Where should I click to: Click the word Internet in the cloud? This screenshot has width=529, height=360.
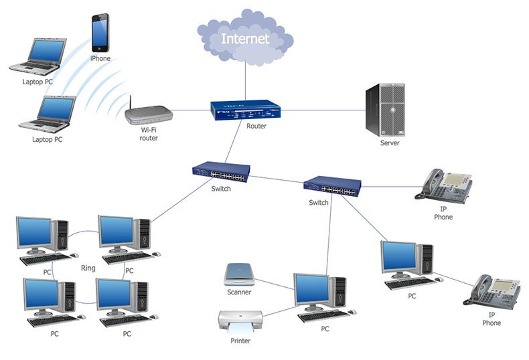coord(245,38)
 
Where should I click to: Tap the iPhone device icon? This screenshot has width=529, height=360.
coord(100,33)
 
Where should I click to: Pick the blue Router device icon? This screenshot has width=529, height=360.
coord(245,110)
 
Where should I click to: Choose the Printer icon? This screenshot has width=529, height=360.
coord(240,322)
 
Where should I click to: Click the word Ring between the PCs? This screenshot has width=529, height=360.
coord(88,268)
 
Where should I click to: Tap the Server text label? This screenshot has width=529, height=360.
coord(390,143)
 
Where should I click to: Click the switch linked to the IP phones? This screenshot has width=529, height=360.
coord(332,186)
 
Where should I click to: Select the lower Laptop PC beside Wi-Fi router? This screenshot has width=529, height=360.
coord(47,113)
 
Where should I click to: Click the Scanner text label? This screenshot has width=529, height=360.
coord(239,292)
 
